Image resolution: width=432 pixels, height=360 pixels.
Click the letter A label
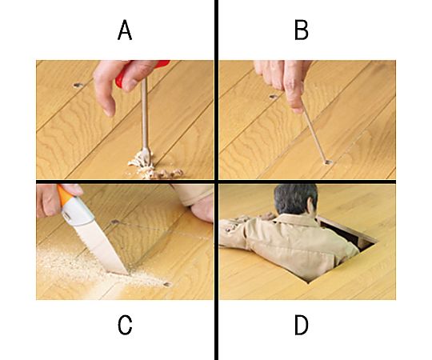(x=125, y=30)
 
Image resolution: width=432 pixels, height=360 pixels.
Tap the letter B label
(x=301, y=30)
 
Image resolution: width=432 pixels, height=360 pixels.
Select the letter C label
(x=125, y=325)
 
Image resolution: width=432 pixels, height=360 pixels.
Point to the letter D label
(x=302, y=325)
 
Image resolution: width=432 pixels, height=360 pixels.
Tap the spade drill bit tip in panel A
(x=147, y=158)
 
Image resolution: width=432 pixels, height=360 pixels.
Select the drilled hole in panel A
(x=78, y=85)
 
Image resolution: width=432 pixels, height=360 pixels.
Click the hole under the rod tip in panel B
(x=327, y=162)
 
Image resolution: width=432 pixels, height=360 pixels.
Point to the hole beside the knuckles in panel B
(x=273, y=97)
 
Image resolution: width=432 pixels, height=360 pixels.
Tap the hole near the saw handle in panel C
(x=115, y=222)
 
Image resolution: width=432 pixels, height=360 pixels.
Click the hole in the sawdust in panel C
(x=167, y=284)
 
